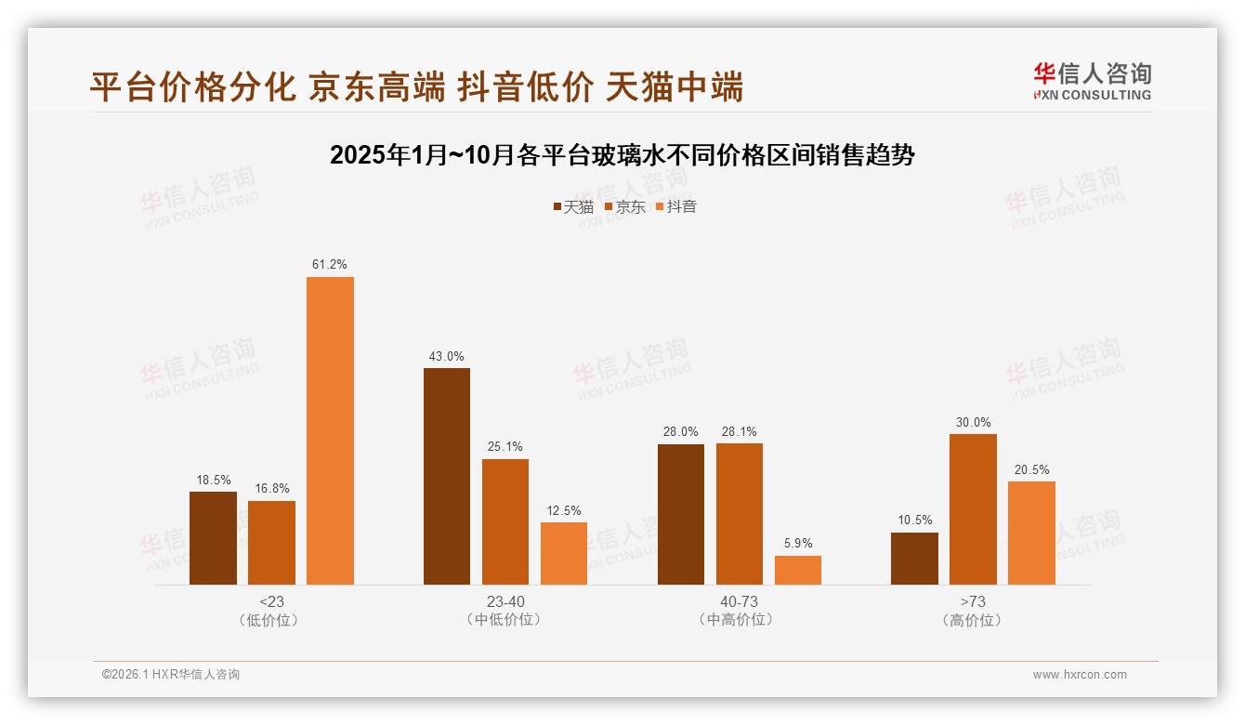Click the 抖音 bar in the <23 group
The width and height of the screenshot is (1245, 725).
pyautogui.click(x=330, y=430)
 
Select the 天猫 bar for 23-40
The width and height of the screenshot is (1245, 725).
pyautogui.click(x=447, y=476)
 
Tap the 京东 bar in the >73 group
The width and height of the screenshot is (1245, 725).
pyautogui.click(x=973, y=509)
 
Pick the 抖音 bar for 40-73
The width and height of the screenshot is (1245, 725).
pyautogui.click(x=798, y=570)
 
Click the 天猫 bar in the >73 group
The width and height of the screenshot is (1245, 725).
pyautogui.click(x=914, y=559)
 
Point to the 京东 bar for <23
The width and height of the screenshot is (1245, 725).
pyautogui.click(x=271, y=543)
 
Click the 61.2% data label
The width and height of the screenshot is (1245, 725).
pyautogui.click(x=330, y=265)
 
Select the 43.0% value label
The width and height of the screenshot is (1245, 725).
pyautogui.click(x=447, y=356)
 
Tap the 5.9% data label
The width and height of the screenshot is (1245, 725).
pyautogui.click(x=798, y=544)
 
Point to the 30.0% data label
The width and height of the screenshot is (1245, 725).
pyautogui.click(x=973, y=422)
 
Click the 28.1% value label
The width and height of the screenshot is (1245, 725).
pyautogui.click(x=739, y=431)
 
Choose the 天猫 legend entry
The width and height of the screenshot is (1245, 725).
pyautogui.click(x=573, y=206)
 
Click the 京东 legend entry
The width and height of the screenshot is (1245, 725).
pyautogui.click(x=625, y=206)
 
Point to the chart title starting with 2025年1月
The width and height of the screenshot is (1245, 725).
pyautogui.click(x=622, y=155)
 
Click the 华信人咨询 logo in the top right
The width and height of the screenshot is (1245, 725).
pyautogui.click(x=1092, y=82)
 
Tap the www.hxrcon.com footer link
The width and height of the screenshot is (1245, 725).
pyautogui.click(x=1080, y=675)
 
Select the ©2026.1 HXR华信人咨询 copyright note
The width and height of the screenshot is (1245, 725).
pyautogui.click(x=171, y=675)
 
